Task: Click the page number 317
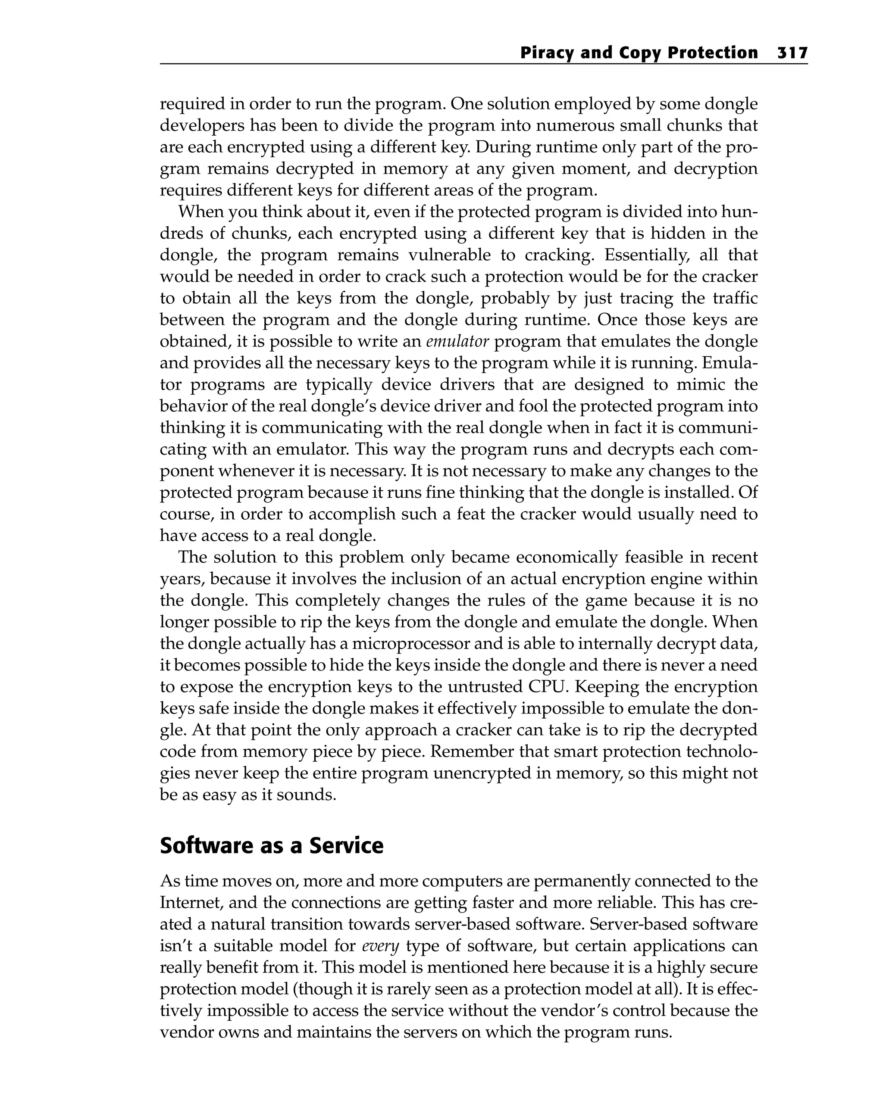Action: (792, 53)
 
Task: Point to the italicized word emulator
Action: (457, 341)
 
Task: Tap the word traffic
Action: (733, 298)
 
